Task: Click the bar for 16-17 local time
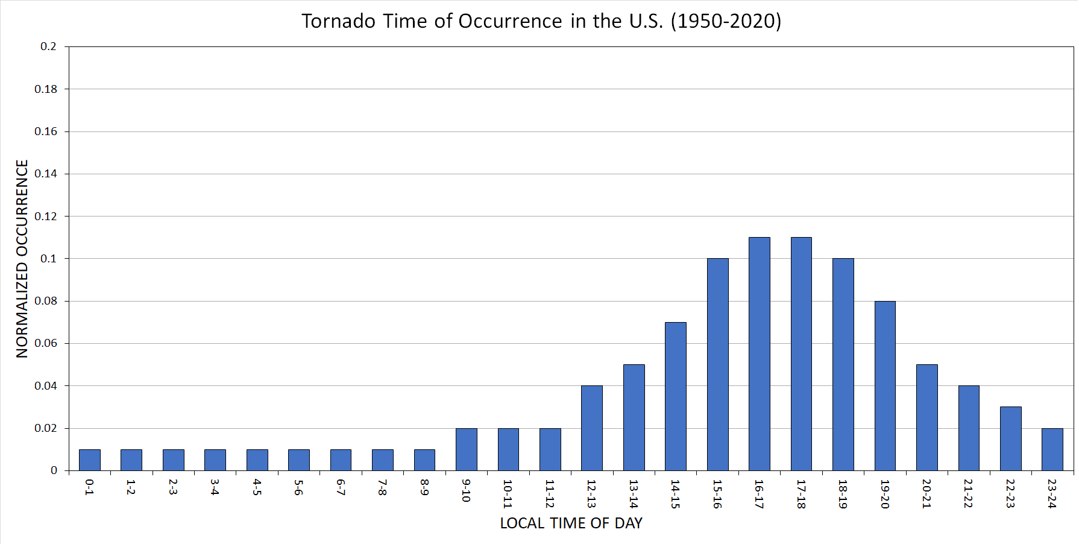point(759,353)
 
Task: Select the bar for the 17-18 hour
point(801,353)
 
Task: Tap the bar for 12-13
point(591,428)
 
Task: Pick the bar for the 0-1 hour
point(89,460)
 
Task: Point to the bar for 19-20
point(885,385)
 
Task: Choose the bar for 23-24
point(1052,449)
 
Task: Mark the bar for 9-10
point(466,449)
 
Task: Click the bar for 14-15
point(675,396)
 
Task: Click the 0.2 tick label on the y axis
point(48,46)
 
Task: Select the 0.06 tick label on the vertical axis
point(46,343)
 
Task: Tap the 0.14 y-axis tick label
point(46,174)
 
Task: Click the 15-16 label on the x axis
point(717,494)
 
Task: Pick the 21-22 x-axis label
point(969,493)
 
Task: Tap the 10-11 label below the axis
point(508,494)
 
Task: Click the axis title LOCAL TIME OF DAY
point(571,523)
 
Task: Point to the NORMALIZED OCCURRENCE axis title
point(22,259)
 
